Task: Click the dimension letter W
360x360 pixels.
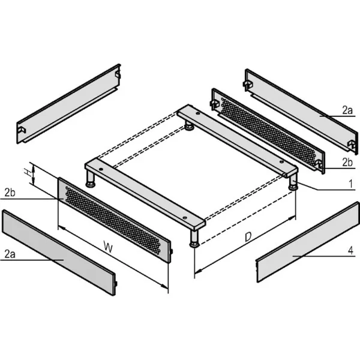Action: tap(108, 247)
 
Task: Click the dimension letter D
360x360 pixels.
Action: tap(248, 237)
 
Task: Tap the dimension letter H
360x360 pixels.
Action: tap(28, 172)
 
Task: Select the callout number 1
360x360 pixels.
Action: tap(350, 184)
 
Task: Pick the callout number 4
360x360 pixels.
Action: tap(350, 250)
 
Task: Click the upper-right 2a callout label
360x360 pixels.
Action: tap(347, 110)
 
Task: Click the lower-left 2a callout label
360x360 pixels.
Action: tap(10, 254)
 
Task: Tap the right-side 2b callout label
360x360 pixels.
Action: tap(347, 163)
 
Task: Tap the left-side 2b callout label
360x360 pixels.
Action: tap(10, 193)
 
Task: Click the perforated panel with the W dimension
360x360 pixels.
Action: tap(115, 220)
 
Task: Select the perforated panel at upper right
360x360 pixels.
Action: tap(268, 131)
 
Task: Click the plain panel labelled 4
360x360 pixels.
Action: tap(308, 242)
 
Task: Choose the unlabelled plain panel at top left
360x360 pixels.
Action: tap(68, 104)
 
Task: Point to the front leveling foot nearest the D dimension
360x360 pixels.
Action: tap(194, 238)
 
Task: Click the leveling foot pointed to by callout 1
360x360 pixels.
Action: tap(293, 182)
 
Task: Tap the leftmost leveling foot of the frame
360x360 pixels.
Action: tap(91, 179)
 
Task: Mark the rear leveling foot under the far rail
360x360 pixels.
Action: tap(189, 125)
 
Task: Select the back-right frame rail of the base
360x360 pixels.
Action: tap(238, 140)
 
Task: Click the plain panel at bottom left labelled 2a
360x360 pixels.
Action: tap(59, 252)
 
